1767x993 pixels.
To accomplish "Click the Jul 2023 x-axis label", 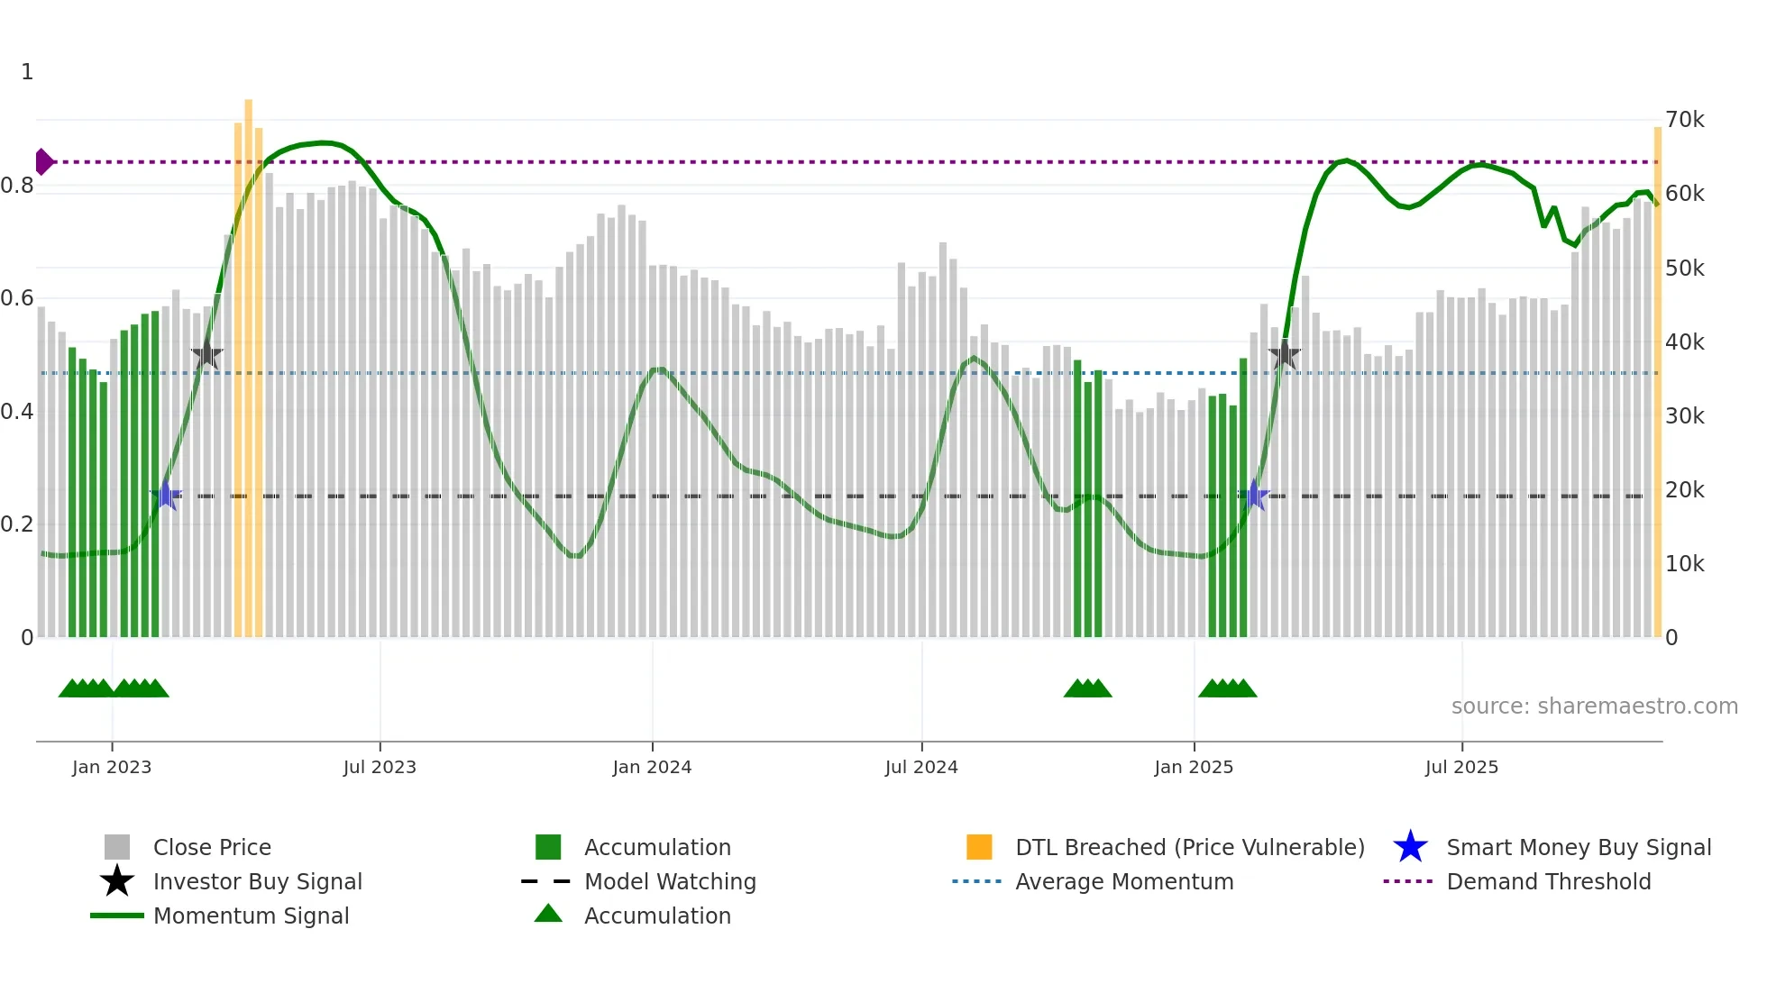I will pyautogui.click(x=380, y=767).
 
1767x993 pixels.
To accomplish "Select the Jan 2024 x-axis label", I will pyautogui.click(x=652, y=767).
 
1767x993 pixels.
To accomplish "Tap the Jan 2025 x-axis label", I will pyautogui.click(x=1194, y=767).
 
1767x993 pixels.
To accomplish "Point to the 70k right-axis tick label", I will pyautogui.click(x=1684, y=120).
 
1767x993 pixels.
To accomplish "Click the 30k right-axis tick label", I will pyautogui.click(x=1684, y=416).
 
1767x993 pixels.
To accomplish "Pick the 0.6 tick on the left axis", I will pyautogui.click(x=17, y=298).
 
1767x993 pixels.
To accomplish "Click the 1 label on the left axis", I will pyautogui.click(x=27, y=72).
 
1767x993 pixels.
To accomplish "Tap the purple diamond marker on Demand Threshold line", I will pyautogui.click(x=43, y=162).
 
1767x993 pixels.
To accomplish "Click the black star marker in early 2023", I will pyautogui.click(x=206, y=354).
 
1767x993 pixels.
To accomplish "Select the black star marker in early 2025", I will pyautogui.click(x=1285, y=354).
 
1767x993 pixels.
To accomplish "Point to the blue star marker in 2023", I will pyautogui.click(x=165, y=496).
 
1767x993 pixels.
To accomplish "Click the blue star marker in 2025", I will pyautogui.click(x=1254, y=496).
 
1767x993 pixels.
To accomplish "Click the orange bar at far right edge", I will pyautogui.click(x=1657, y=378).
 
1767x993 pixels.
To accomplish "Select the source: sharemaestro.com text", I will pyautogui.click(x=1594, y=706).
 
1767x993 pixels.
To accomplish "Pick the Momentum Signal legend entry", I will pyautogui.click(x=251, y=916).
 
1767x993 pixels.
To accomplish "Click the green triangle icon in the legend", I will pyautogui.click(x=548, y=915).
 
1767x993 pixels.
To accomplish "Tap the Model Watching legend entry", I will pyautogui.click(x=669, y=882).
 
